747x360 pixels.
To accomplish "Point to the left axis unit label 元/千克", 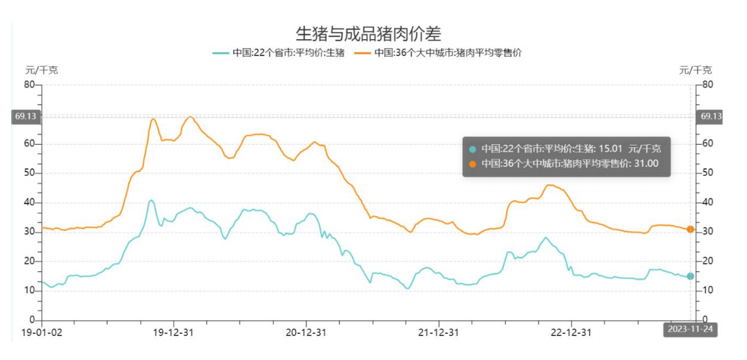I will [42, 70].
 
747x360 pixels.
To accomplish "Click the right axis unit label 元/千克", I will [696, 70].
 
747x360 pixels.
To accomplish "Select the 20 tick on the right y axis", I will [708, 262].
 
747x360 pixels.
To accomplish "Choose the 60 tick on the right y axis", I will [708, 143].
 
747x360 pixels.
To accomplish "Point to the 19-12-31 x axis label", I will [173, 332].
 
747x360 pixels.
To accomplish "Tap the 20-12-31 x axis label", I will [306, 332].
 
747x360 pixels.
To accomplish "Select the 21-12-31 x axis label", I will [438, 332].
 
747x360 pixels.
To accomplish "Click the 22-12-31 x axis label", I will [571, 332].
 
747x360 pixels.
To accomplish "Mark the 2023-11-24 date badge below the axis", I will [690, 330].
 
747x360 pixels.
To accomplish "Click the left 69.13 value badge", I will [25, 117].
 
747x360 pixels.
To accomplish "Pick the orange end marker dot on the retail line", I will [690, 229].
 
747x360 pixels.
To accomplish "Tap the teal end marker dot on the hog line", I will [690, 276].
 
